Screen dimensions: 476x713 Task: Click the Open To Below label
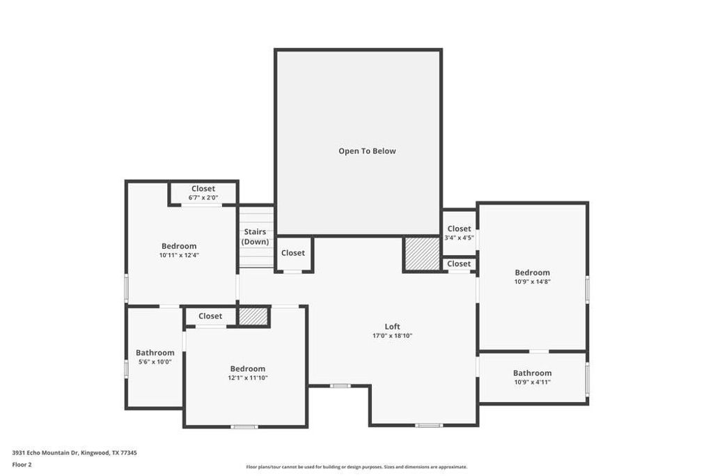367,151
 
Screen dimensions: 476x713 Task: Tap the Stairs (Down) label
255,237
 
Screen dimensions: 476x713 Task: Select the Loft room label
393,326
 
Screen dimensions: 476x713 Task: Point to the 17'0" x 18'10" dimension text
393,336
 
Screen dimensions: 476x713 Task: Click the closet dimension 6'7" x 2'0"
203,198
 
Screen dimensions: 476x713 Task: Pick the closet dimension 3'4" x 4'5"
459,238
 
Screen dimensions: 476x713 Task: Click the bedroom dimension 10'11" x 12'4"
179,255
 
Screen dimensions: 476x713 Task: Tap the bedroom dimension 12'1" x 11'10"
248,378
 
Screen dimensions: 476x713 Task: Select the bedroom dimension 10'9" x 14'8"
533,282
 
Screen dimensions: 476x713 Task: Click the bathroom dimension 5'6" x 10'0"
155,362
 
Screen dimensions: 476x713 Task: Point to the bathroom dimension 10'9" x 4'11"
533,382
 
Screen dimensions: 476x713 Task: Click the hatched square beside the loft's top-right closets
421,254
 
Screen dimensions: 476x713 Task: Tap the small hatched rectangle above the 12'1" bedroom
253,316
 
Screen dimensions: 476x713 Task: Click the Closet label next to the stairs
293,253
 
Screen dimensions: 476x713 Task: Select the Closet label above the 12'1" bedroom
210,316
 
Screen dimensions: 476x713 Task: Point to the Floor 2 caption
22,464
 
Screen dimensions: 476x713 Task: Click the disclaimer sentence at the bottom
356,467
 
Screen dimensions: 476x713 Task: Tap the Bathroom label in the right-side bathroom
533,373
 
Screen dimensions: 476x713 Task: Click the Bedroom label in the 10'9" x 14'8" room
533,272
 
